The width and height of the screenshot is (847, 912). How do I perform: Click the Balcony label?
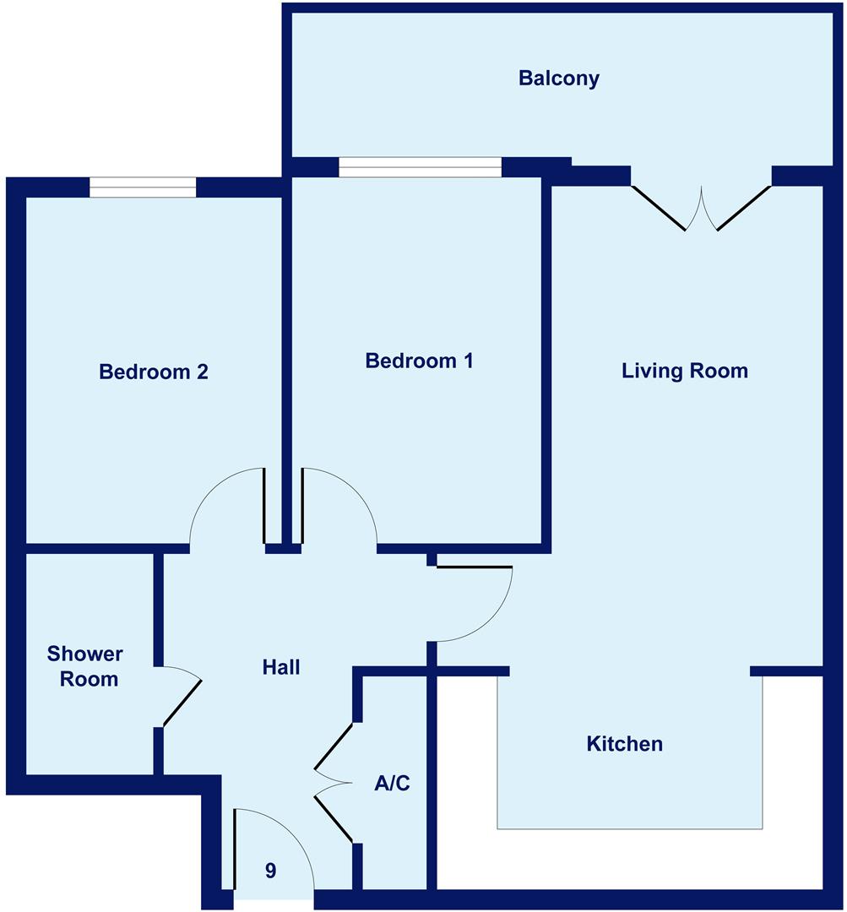[559, 79]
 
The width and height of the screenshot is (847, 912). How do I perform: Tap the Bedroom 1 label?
[419, 361]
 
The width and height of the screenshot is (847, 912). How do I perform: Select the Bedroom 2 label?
[154, 372]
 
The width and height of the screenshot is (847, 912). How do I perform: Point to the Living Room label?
[684, 371]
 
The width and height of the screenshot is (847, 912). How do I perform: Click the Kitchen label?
[624, 744]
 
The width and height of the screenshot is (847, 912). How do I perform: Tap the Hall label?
[280, 667]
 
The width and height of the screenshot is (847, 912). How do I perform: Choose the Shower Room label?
[84, 666]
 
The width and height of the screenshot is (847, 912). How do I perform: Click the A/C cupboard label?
[392, 784]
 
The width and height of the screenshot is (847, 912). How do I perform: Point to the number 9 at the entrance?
[270, 871]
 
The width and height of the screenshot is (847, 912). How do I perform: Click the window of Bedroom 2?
[143, 187]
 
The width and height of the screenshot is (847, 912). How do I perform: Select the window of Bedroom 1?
[420, 167]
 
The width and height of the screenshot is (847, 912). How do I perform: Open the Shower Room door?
[182, 697]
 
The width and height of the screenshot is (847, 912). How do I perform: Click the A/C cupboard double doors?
[333, 782]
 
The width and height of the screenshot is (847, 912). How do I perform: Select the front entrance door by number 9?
[274, 844]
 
